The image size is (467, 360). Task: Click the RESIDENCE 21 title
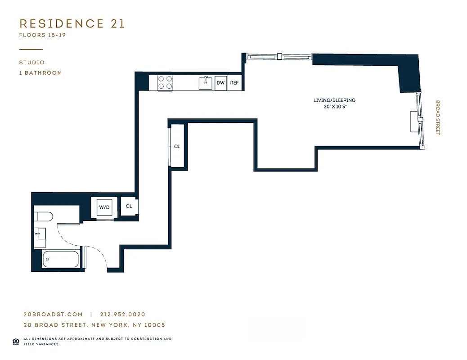(x=72, y=24)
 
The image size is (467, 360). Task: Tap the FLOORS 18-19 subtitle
(x=42, y=35)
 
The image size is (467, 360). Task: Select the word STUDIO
(x=32, y=63)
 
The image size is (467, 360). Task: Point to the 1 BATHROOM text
(x=40, y=73)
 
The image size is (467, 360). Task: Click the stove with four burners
(x=165, y=83)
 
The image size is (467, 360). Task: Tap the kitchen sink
(x=206, y=83)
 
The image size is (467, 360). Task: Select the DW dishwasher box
(x=220, y=83)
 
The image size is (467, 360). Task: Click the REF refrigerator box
(x=234, y=83)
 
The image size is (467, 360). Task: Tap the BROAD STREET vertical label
(x=437, y=117)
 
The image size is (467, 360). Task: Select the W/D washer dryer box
(x=104, y=207)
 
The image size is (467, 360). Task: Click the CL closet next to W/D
(x=129, y=207)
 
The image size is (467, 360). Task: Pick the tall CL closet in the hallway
(x=177, y=146)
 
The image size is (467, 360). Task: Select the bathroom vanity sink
(x=40, y=234)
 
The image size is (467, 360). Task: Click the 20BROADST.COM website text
(x=53, y=315)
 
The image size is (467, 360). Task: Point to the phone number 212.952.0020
(x=122, y=315)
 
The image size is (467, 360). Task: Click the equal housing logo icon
(x=15, y=341)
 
